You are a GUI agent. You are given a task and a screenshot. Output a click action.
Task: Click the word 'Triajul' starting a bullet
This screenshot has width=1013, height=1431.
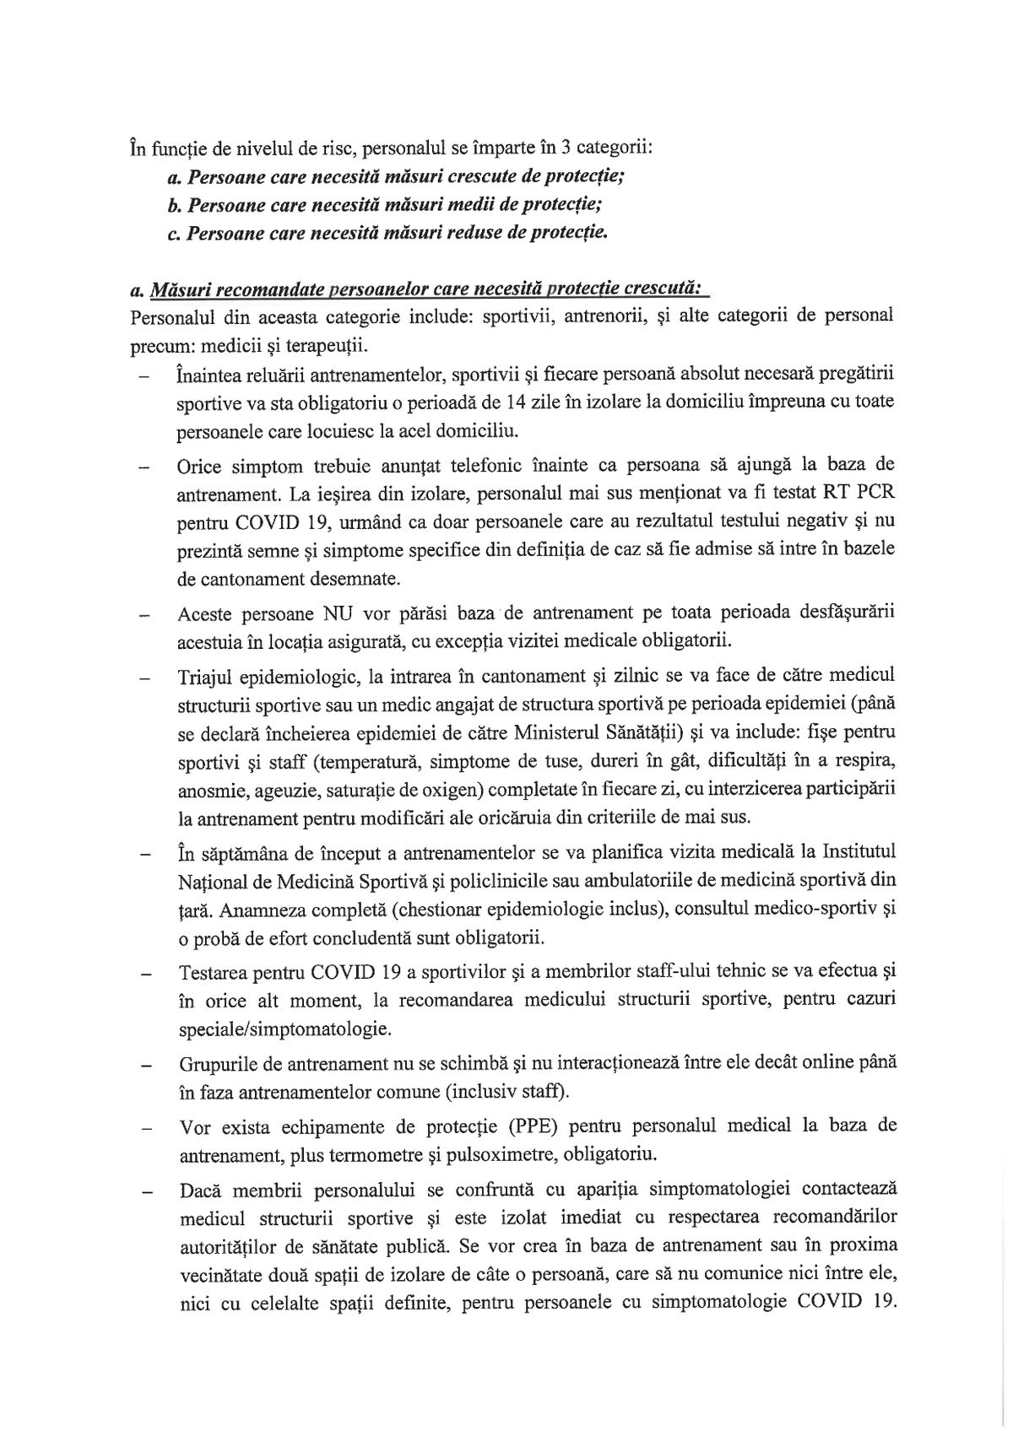206,676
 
